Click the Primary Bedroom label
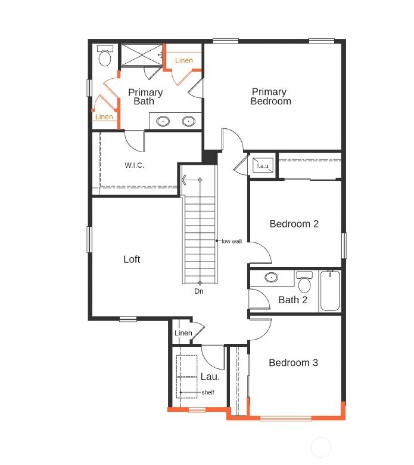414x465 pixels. pos(270,97)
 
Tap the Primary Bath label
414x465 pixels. pos(145,97)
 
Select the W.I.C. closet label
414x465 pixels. pos(135,165)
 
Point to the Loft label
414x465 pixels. pos(132,259)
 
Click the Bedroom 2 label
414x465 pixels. pos(294,224)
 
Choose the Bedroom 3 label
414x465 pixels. pos(293,363)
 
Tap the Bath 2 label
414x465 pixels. pos(292,300)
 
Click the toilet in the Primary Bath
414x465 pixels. pos(105,56)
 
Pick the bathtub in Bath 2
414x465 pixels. pos(330,291)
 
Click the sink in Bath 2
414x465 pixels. pos(272,278)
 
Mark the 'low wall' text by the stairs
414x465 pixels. pos(232,241)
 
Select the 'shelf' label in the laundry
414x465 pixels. pos(207,392)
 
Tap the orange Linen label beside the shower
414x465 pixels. pos(184,61)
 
